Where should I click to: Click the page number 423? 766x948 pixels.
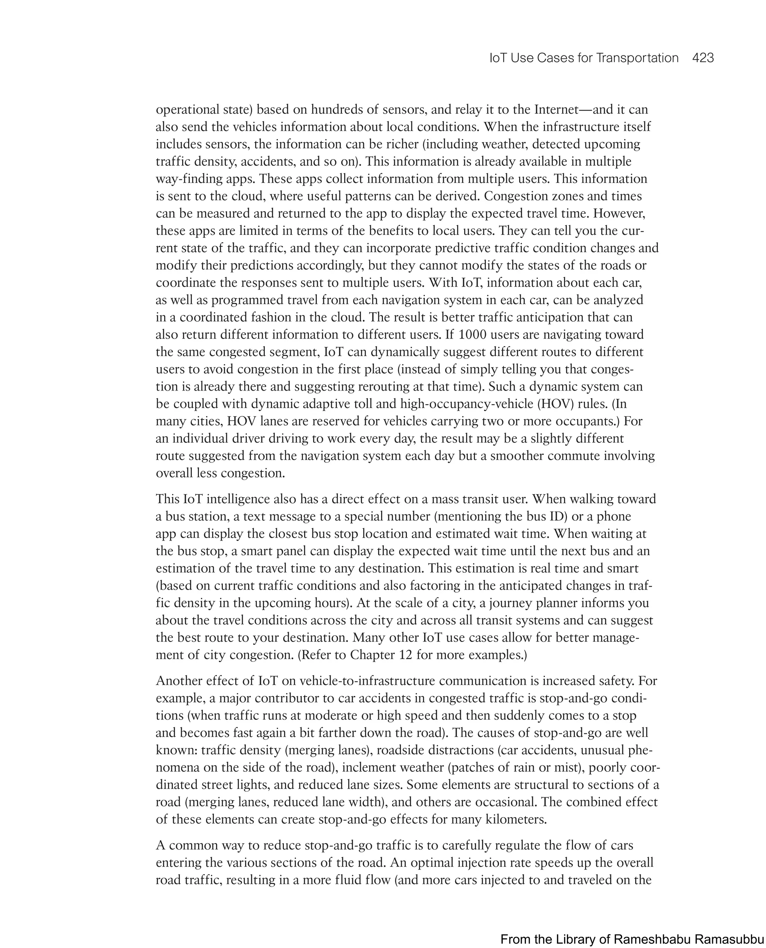(703, 58)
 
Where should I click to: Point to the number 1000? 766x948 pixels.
(473, 334)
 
